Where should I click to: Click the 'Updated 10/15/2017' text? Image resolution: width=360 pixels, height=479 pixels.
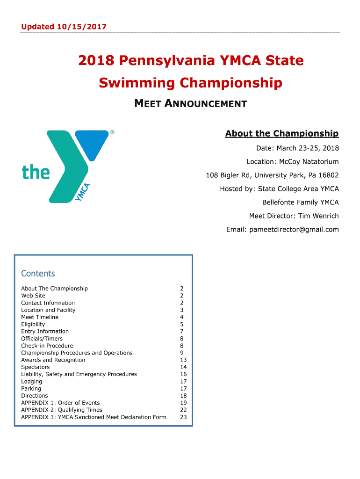pos(64,27)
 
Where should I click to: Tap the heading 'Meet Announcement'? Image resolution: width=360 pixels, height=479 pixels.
pos(190,103)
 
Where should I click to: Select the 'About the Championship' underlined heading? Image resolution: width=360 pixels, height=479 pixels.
pos(282,134)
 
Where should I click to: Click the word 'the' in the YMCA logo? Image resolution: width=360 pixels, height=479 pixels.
pos(36,172)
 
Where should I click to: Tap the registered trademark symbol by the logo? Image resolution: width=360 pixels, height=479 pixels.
pos(112,133)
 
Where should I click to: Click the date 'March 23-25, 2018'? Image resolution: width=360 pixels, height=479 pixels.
pos(308,148)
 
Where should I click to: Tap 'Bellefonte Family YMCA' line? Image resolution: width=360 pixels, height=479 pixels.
pos(301,202)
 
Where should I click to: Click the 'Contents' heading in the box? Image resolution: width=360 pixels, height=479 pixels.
pos(38,274)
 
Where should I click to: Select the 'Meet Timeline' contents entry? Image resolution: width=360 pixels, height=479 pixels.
pos(40,317)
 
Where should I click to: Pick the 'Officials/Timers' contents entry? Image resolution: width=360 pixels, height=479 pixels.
pos(42,339)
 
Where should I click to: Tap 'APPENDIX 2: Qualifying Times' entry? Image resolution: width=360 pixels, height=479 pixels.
pos(62,410)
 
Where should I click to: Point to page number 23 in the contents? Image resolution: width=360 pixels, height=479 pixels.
pos(183,417)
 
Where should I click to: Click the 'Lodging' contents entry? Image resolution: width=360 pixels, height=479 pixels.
pos(31,381)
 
